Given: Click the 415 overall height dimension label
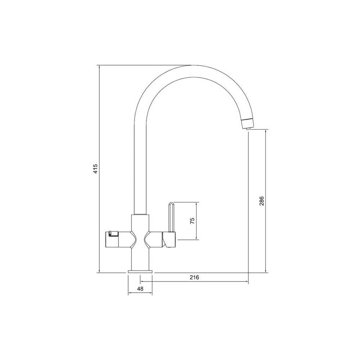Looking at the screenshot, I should click(x=95, y=169).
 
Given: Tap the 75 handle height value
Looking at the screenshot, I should click(x=192, y=220).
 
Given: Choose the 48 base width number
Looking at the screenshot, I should click(x=140, y=289).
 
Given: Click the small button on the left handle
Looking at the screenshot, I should click(x=113, y=234).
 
